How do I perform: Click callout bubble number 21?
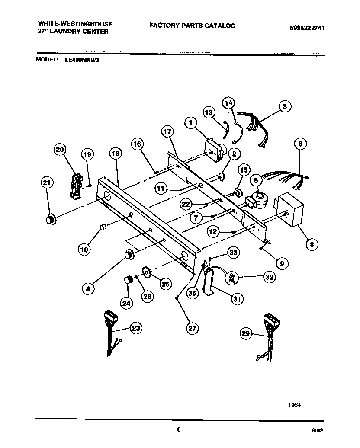click(x=47, y=183)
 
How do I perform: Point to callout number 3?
click(x=284, y=106)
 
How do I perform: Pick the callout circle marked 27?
click(x=192, y=329)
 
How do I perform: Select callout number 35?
click(x=193, y=293)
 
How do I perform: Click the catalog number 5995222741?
click(x=307, y=28)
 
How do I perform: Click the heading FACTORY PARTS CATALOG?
click(x=192, y=26)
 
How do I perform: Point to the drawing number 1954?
click(x=294, y=405)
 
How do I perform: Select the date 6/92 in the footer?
click(x=317, y=430)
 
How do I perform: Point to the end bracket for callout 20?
click(x=77, y=186)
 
